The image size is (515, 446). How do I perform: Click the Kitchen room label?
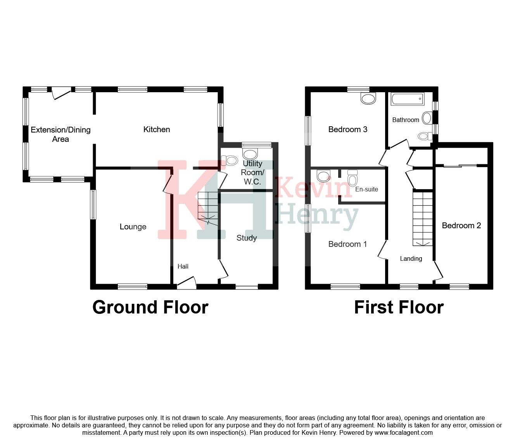coord(157,129)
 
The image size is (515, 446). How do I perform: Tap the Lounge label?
coord(133,227)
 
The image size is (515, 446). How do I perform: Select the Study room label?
coord(247,238)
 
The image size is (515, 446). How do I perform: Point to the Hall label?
coord(183,266)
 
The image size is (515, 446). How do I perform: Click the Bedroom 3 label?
coord(347,129)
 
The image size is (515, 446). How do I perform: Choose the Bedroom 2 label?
coord(461,226)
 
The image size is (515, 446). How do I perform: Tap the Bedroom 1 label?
coord(347,244)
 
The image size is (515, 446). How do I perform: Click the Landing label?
coord(411,258)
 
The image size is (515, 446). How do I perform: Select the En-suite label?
coord(366,189)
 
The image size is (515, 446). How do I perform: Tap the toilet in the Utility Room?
coord(230,160)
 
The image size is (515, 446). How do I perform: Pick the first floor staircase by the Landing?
coord(422,219)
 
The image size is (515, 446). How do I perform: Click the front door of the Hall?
coord(187,283)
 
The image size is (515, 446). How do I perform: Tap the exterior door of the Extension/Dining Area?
coord(61,92)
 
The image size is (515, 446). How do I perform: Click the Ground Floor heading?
coord(150,307)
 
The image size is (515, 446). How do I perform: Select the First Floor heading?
coord(399,307)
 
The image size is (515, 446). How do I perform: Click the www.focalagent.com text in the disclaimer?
coord(403,432)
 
